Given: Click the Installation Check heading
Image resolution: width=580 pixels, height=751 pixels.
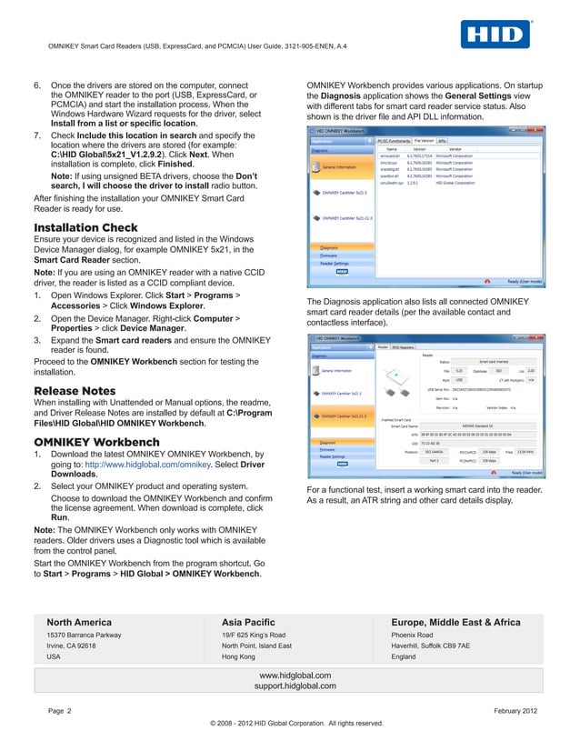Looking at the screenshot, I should [85, 227].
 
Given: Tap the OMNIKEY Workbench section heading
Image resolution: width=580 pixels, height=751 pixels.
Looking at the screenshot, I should [96, 442].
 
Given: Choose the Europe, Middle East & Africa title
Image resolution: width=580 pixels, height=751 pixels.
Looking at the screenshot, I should [455, 622].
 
